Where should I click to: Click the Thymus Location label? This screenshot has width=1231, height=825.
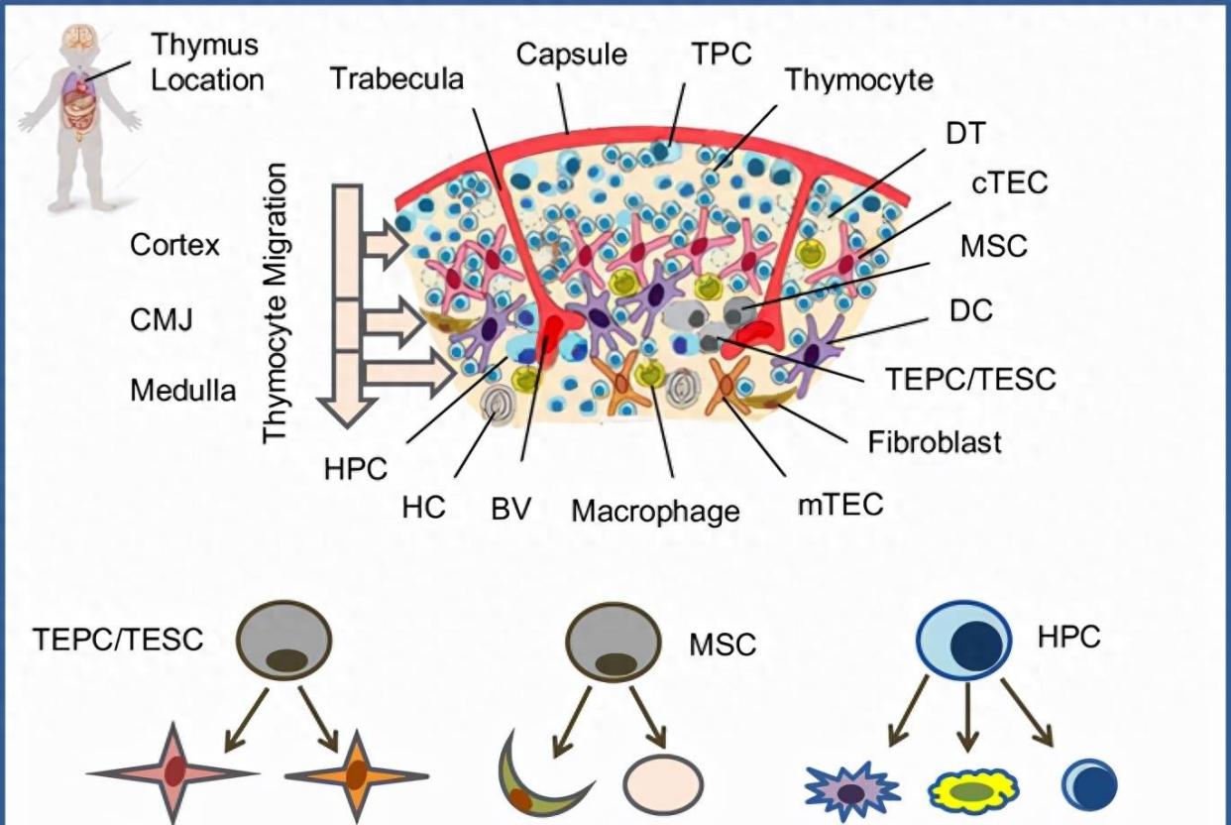click(207, 61)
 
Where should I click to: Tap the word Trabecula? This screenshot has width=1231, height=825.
click(396, 79)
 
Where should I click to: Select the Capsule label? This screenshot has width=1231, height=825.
click(571, 54)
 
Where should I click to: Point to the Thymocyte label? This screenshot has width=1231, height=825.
click(858, 80)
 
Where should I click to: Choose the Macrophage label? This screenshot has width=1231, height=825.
click(655, 512)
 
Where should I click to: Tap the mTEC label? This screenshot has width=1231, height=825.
click(839, 505)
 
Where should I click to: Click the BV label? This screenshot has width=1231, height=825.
click(511, 509)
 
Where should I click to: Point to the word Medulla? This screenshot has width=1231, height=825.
click(183, 391)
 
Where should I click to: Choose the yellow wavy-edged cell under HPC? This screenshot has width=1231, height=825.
click(973, 790)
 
